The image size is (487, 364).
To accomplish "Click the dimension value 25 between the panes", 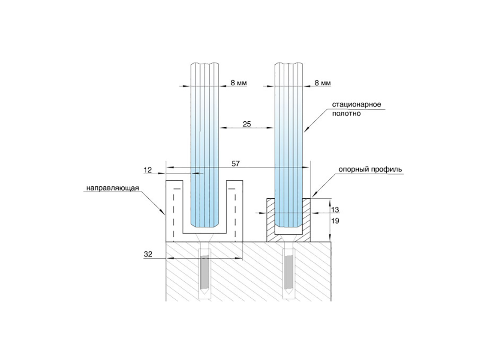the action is pyautogui.click(x=247, y=124).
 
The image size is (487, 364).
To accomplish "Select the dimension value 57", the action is pyautogui.click(x=236, y=164).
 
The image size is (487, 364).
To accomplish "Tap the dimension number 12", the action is pyautogui.click(x=147, y=170).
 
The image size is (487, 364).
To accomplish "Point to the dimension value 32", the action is pyautogui.click(x=148, y=254).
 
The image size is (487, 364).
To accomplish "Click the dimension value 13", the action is pyautogui.click(x=335, y=209).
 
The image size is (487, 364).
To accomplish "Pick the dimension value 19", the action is pyautogui.click(x=335, y=221).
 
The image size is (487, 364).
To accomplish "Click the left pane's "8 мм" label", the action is pyautogui.click(x=238, y=83).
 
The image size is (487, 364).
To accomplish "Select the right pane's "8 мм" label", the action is pyautogui.click(x=323, y=83).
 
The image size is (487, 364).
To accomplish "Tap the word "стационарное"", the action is pyautogui.click(x=357, y=104).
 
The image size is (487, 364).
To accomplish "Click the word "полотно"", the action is pyautogui.click(x=347, y=113).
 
